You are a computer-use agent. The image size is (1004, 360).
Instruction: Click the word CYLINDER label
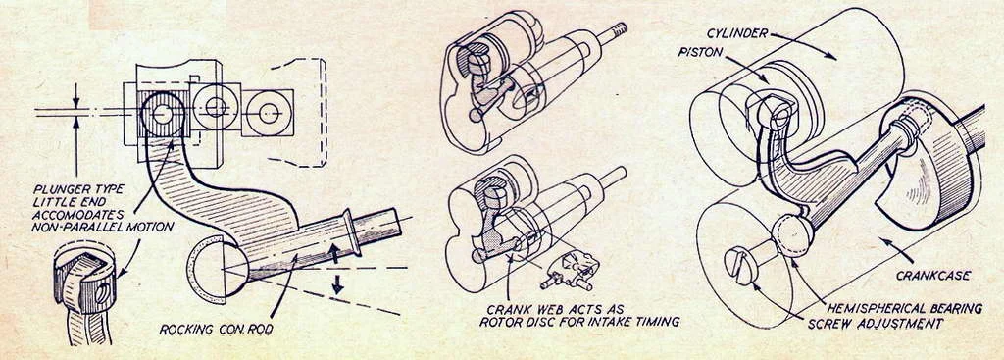pos(737,33)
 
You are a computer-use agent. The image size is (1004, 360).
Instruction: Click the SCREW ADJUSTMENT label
pos(875,324)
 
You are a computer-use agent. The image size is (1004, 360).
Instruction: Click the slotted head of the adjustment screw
pos(738,266)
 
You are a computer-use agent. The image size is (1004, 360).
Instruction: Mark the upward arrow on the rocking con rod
pos(334,254)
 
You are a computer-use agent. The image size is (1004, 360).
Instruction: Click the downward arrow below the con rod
pos(337,283)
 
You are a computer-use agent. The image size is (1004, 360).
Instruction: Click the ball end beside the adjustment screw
pos(792,234)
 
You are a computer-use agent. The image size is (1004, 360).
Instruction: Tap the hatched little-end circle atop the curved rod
pos(163,114)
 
